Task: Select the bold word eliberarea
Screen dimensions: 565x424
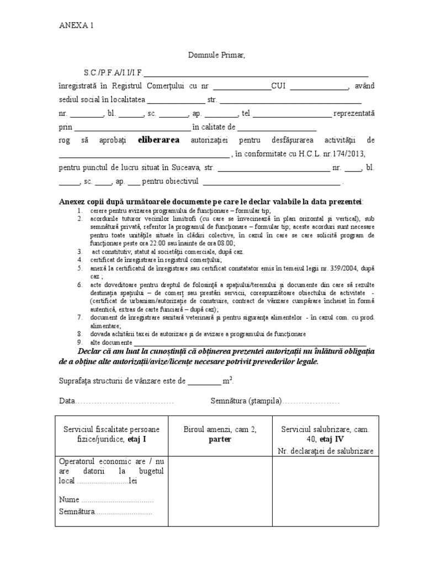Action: (x=159, y=140)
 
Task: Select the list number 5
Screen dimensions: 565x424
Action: (x=80, y=268)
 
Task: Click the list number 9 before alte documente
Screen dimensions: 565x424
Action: (x=80, y=342)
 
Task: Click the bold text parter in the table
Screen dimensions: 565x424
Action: (x=219, y=440)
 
